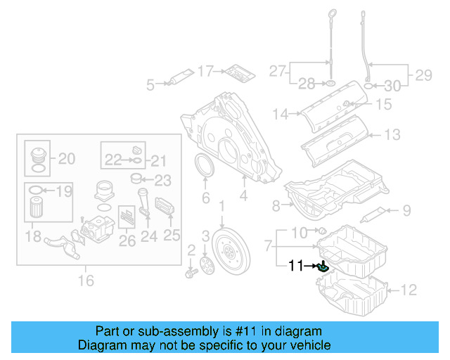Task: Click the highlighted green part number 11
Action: [x=323, y=266]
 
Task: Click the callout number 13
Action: [x=392, y=134]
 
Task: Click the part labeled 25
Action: [x=166, y=207]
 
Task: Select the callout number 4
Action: [x=243, y=198]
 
